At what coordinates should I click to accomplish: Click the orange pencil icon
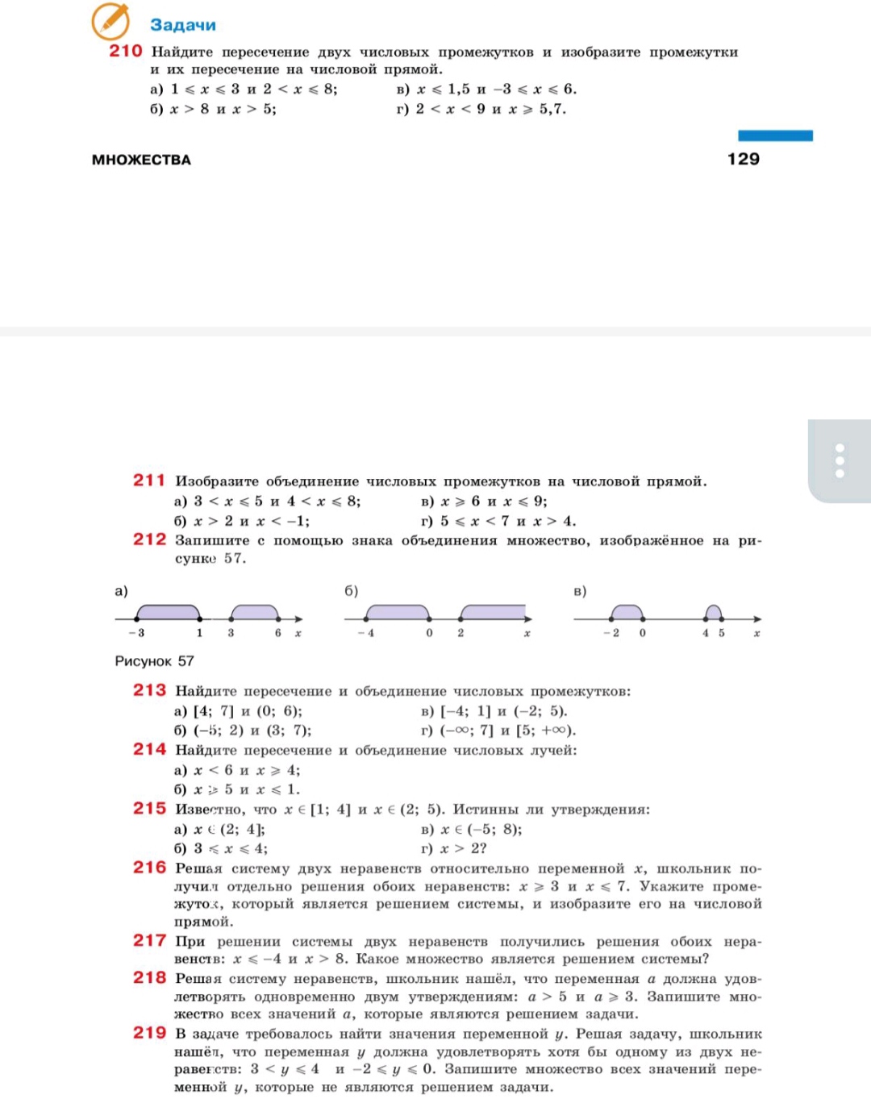tap(110, 21)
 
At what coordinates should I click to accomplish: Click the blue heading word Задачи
tap(183, 25)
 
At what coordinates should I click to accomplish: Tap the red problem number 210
tap(126, 51)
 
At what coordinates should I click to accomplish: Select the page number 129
tap(743, 159)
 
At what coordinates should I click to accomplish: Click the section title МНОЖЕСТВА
tap(141, 160)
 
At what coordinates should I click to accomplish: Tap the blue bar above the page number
tap(775, 135)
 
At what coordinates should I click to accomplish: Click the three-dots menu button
tap(840, 460)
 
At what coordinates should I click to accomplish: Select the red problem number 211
tap(149, 480)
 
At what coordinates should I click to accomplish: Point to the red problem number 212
tap(149, 539)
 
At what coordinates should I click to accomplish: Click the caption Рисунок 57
tap(154, 661)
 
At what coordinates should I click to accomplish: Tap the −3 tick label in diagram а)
tap(138, 633)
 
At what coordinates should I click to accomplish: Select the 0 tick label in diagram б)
tap(429, 633)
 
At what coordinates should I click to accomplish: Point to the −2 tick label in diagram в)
tap(612, 633)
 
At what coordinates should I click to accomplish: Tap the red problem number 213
tap(149, 690)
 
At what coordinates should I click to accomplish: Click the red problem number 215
tap(149, 808)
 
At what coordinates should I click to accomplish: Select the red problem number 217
tap(149, 940)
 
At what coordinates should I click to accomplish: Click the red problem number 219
tap(149, 1033)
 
